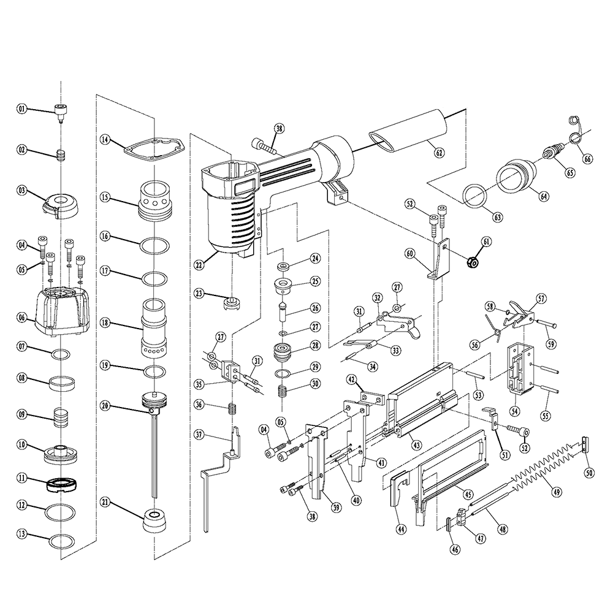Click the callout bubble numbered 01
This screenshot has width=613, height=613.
(22, 109)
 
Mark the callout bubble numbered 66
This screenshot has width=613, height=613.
(588, 158)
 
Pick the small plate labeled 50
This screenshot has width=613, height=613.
(584, 443)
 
